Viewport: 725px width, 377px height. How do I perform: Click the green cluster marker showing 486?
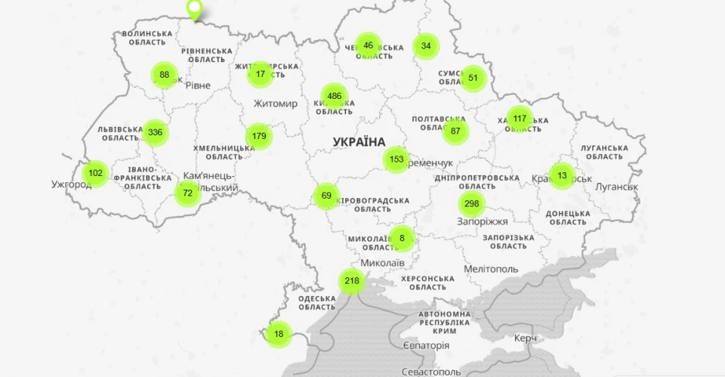pyautogui.click(x=335, y=96)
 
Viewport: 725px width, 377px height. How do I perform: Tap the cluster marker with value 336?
pyautogui.click(x=155, y=132)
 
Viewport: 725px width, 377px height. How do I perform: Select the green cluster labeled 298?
pyautogui.click(x=472, y=203)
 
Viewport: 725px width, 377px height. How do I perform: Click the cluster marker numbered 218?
pyautogui.click(x=352, y=281)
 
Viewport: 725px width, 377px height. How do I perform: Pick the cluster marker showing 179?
pyautogui.click(x=259, y=136)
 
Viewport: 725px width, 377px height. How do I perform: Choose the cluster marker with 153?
pyautogui.click(x=396, y=159)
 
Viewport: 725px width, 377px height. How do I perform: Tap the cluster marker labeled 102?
pyautogui.click(x=95, y=173)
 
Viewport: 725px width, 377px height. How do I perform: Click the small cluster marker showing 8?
pyautogui.click(x=402, y=238)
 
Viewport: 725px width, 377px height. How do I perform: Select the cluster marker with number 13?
pyautogui.click(x=561, y=175)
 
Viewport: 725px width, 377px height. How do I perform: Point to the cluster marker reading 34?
pyautogui.click(x=426, y=46)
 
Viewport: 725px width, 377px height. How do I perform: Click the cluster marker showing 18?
pyautogui.click(x=279, y=334)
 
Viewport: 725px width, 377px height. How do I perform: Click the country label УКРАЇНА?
pyautogui.click(x=359, y=141)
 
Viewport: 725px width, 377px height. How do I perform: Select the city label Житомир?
pyautogui.click(x=276, y=104)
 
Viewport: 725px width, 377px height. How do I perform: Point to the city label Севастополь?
pyautogui.click(x=431, y=371)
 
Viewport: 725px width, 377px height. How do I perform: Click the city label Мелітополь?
pyautogui.click(x=491, y=269)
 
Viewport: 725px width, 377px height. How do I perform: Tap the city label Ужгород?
pyautogui.click(x=71, y=184)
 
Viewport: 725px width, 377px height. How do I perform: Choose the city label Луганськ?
pyautogui.click(x=616, y=187)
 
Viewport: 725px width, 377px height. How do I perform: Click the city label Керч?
pyautogui.click(x=526, y=338)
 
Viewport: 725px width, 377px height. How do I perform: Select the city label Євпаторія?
pyautogui.click(x=426, y=345)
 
